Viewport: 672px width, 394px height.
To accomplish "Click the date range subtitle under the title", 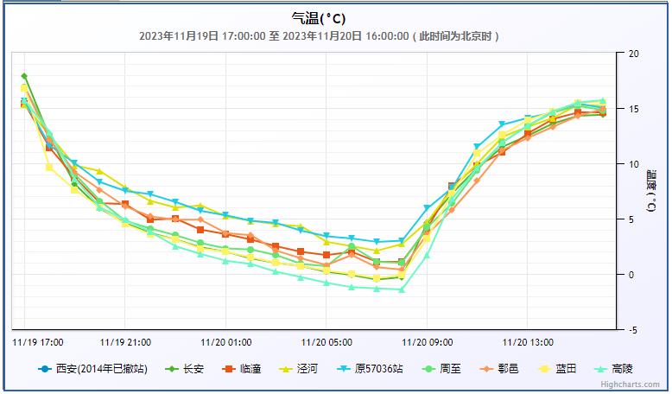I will [319, 36].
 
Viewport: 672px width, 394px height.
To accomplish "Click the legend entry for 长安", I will [193, 369].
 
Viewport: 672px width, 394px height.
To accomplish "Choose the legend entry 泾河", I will [307, 369].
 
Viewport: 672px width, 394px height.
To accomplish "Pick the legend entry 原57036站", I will [378, 369].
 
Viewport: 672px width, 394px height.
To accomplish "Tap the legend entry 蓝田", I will [565, 369].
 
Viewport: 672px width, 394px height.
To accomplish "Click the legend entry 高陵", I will [622, 369].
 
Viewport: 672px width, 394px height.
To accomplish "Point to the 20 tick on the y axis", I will [633, 54].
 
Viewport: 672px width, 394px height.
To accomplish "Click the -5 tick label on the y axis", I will [633, 330].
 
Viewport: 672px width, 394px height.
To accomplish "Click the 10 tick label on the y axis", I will [633, 164].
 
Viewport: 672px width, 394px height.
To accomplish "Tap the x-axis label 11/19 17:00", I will [38, 341].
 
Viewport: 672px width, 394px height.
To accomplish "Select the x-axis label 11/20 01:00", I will [225, 341].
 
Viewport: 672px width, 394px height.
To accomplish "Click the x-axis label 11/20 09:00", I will [427, 341].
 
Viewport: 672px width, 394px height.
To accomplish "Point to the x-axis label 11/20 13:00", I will [528, 341].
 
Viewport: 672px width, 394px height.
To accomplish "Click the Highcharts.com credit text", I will [630, 384].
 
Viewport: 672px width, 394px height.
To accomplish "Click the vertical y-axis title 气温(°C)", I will [650, 192].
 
